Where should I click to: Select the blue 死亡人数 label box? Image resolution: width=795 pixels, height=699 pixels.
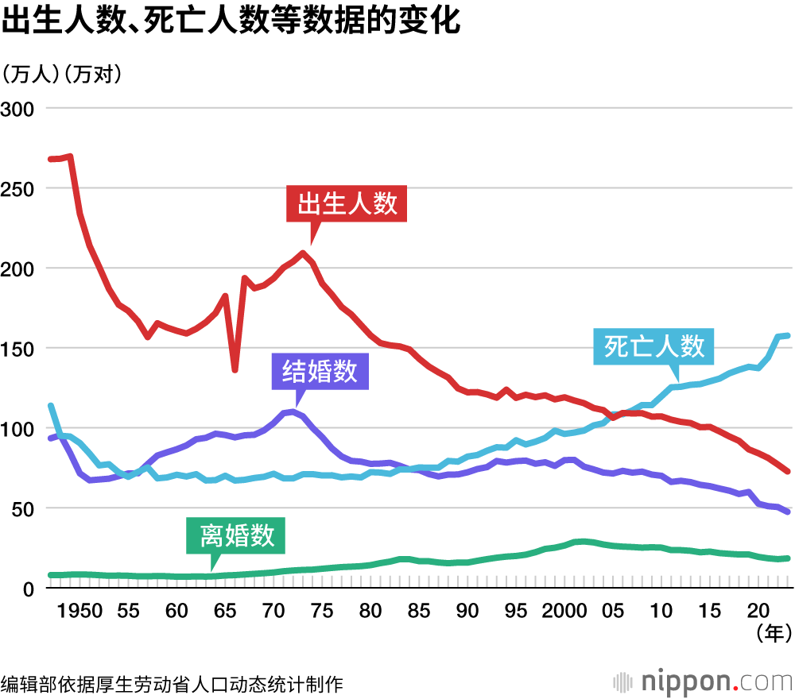pos(653,346)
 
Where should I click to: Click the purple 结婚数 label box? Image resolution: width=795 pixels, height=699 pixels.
pos(320,371)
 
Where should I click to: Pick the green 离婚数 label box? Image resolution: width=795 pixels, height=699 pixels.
pos(236,535)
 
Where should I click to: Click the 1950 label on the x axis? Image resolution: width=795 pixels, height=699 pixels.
pos(79,611)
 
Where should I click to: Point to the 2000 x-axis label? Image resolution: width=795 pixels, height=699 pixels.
pos(564,611)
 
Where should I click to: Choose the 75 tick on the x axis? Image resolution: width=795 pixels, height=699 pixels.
pos(322,611)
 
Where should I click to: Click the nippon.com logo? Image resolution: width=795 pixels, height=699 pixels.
pos(703,681)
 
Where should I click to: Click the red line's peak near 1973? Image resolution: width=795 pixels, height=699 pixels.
pos(302,253)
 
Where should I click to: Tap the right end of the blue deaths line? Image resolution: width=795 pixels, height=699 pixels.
pos(786,335)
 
